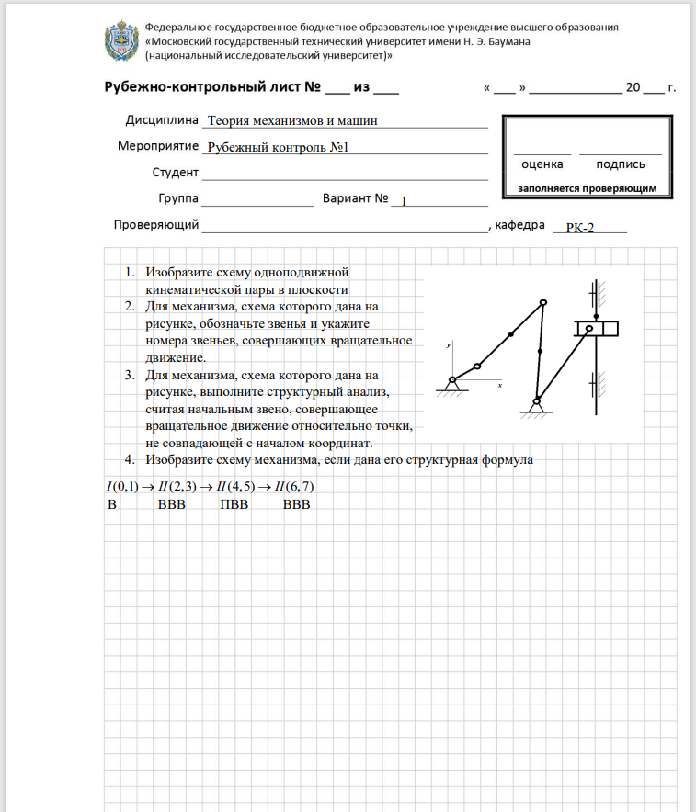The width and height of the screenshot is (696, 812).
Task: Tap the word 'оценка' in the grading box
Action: pos(542,164)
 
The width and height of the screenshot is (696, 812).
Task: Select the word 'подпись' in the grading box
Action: pos(620,164)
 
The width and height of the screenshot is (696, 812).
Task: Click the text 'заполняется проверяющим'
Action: pos(587,188)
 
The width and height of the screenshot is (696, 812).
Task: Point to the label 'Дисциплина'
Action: pos(162,120)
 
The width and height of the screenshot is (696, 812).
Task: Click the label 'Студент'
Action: pos(176,173)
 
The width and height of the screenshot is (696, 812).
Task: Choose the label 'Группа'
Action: pos(178,198)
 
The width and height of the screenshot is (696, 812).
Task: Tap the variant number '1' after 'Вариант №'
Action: pos(404,201)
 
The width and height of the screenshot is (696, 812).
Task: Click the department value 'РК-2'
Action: pos(580,228)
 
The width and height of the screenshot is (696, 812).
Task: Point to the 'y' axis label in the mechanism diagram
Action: pos(447,345)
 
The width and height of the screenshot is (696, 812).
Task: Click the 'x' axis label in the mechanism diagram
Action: pos(498,387)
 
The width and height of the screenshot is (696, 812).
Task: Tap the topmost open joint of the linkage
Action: pos(543,303)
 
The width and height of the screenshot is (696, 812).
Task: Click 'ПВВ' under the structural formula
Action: pos(234,504)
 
